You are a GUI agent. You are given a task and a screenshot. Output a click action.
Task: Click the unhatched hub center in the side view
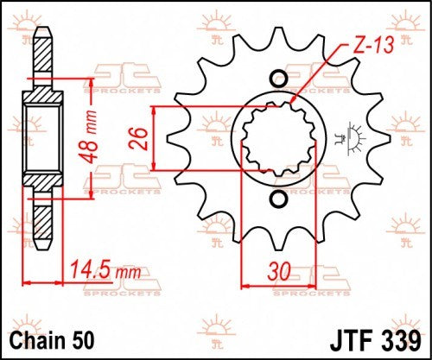41,139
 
